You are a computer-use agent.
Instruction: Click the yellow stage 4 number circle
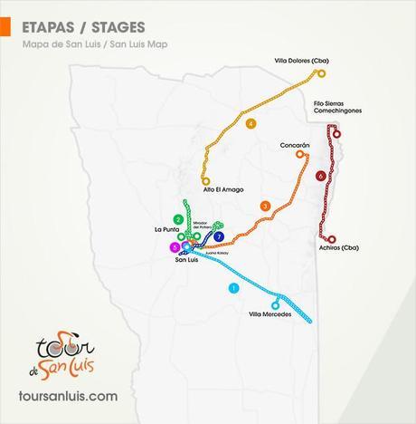[251, 123]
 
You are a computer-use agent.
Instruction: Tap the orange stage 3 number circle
[264, 207]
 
